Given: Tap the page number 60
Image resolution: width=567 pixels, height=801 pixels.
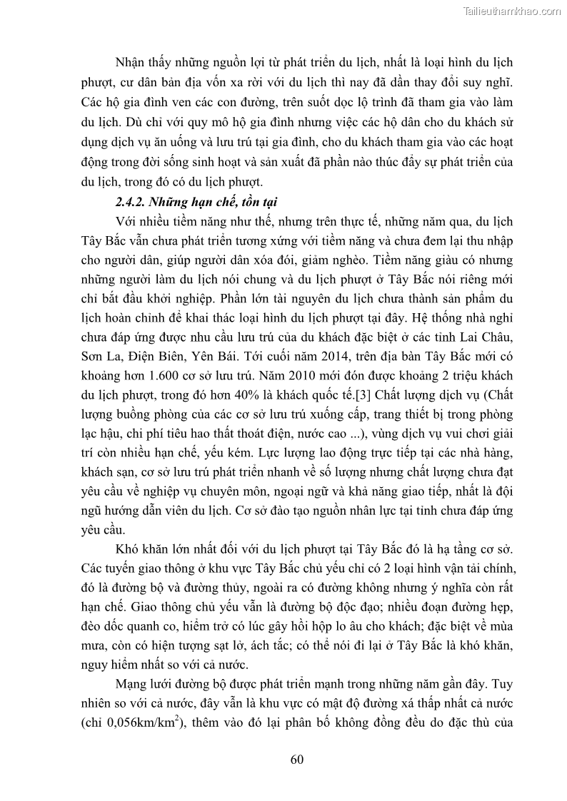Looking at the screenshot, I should pos(298,758).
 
